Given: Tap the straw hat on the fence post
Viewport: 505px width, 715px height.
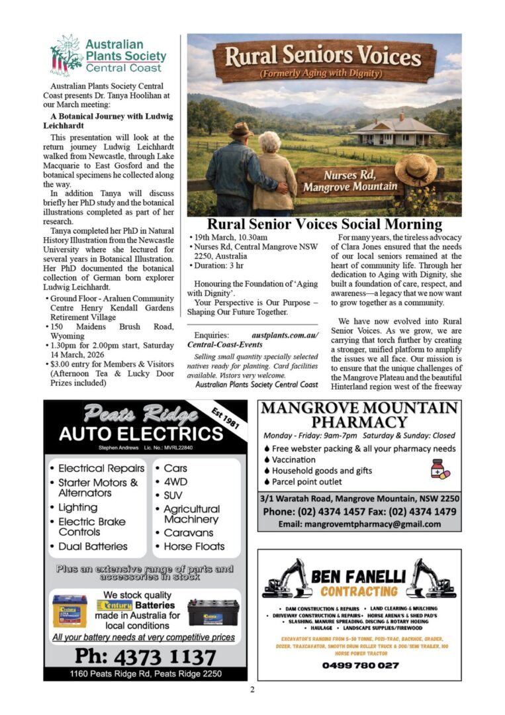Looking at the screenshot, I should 416,169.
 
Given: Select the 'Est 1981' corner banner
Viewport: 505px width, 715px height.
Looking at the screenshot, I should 227,417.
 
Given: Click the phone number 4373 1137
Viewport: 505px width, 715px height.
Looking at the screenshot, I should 145,657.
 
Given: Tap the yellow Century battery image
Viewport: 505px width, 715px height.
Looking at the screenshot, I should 69,610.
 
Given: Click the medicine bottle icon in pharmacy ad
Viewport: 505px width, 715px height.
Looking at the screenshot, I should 439,469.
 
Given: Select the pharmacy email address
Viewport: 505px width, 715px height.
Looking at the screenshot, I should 359,524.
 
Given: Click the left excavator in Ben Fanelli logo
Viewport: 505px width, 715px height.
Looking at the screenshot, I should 287,580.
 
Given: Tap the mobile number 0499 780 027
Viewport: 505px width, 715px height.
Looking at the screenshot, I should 360,665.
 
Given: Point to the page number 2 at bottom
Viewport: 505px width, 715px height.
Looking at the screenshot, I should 252,690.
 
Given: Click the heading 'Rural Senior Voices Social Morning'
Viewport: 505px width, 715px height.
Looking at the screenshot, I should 324,224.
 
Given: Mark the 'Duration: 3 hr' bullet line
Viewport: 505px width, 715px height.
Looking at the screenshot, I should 218,266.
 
